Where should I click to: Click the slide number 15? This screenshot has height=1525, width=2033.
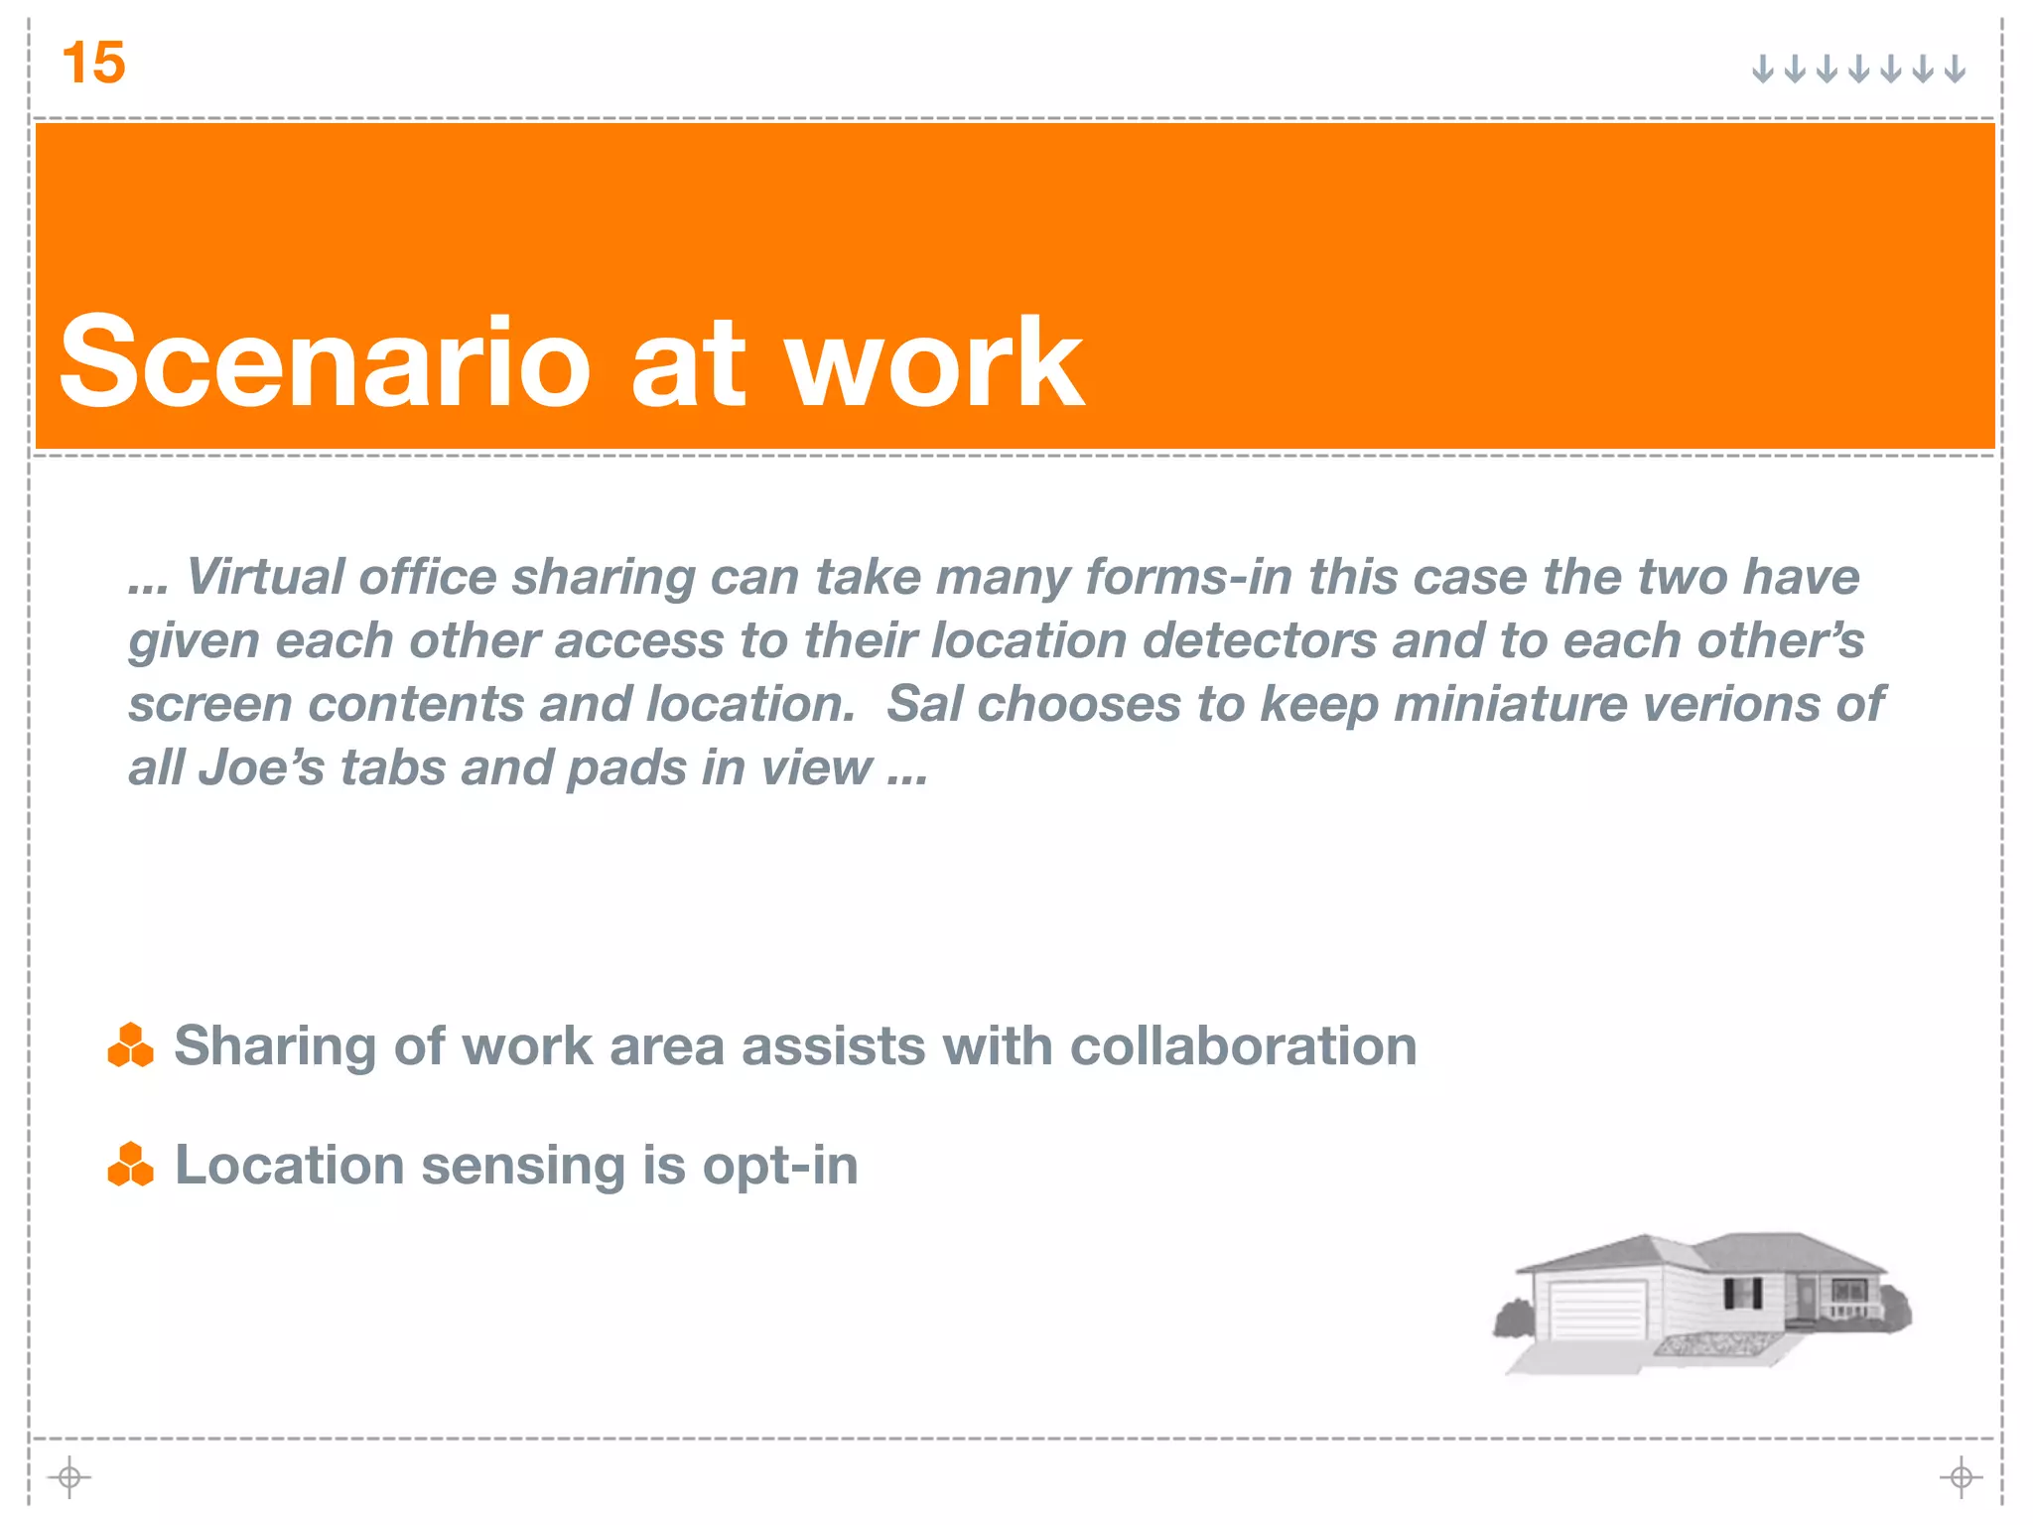click(x=93, y=64)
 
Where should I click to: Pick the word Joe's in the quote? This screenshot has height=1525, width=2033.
click(x=261, y=767)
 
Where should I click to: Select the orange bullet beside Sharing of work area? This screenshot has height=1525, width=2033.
click(x=130, y=1045)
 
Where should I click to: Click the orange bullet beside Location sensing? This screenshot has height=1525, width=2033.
click(x=130, y=1165)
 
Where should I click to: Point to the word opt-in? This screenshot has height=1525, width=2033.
click(x=780, y=1165)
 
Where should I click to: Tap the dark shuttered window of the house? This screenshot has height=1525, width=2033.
click(x=1742, y=1294)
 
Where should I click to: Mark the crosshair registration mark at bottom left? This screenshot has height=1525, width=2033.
click(x=69, y=1477)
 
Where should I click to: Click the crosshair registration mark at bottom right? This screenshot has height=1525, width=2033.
click(x=1961, y=1477)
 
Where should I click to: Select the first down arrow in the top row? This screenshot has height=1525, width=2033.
click(x=1762, y=69)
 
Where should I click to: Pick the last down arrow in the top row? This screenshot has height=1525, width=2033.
click(x=1955, y=69)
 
